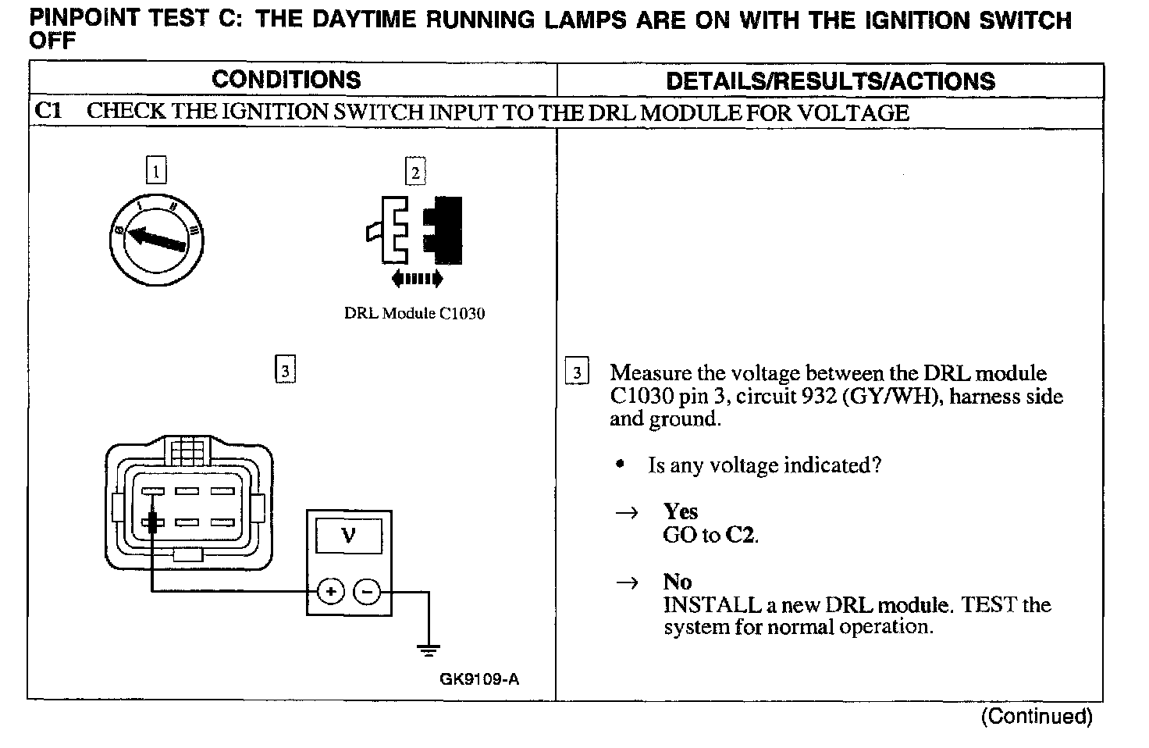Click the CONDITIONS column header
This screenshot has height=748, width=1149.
286,80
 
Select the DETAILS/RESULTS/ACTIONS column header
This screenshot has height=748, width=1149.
831,81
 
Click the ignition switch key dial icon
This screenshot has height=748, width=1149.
156,237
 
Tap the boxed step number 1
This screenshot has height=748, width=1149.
156,170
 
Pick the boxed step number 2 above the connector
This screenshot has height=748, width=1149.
415,171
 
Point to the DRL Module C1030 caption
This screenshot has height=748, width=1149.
414,314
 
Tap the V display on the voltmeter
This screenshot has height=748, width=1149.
348,536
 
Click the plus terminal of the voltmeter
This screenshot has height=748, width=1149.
330,592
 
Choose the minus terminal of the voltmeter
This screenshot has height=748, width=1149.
368,592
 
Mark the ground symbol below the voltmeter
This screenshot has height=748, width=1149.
428,648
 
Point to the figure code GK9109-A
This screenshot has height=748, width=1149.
478,679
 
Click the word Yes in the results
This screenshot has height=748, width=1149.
680,511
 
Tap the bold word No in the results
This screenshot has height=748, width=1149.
677,582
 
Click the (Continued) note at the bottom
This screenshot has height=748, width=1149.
1036,716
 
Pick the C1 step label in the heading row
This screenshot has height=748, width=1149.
48,111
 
